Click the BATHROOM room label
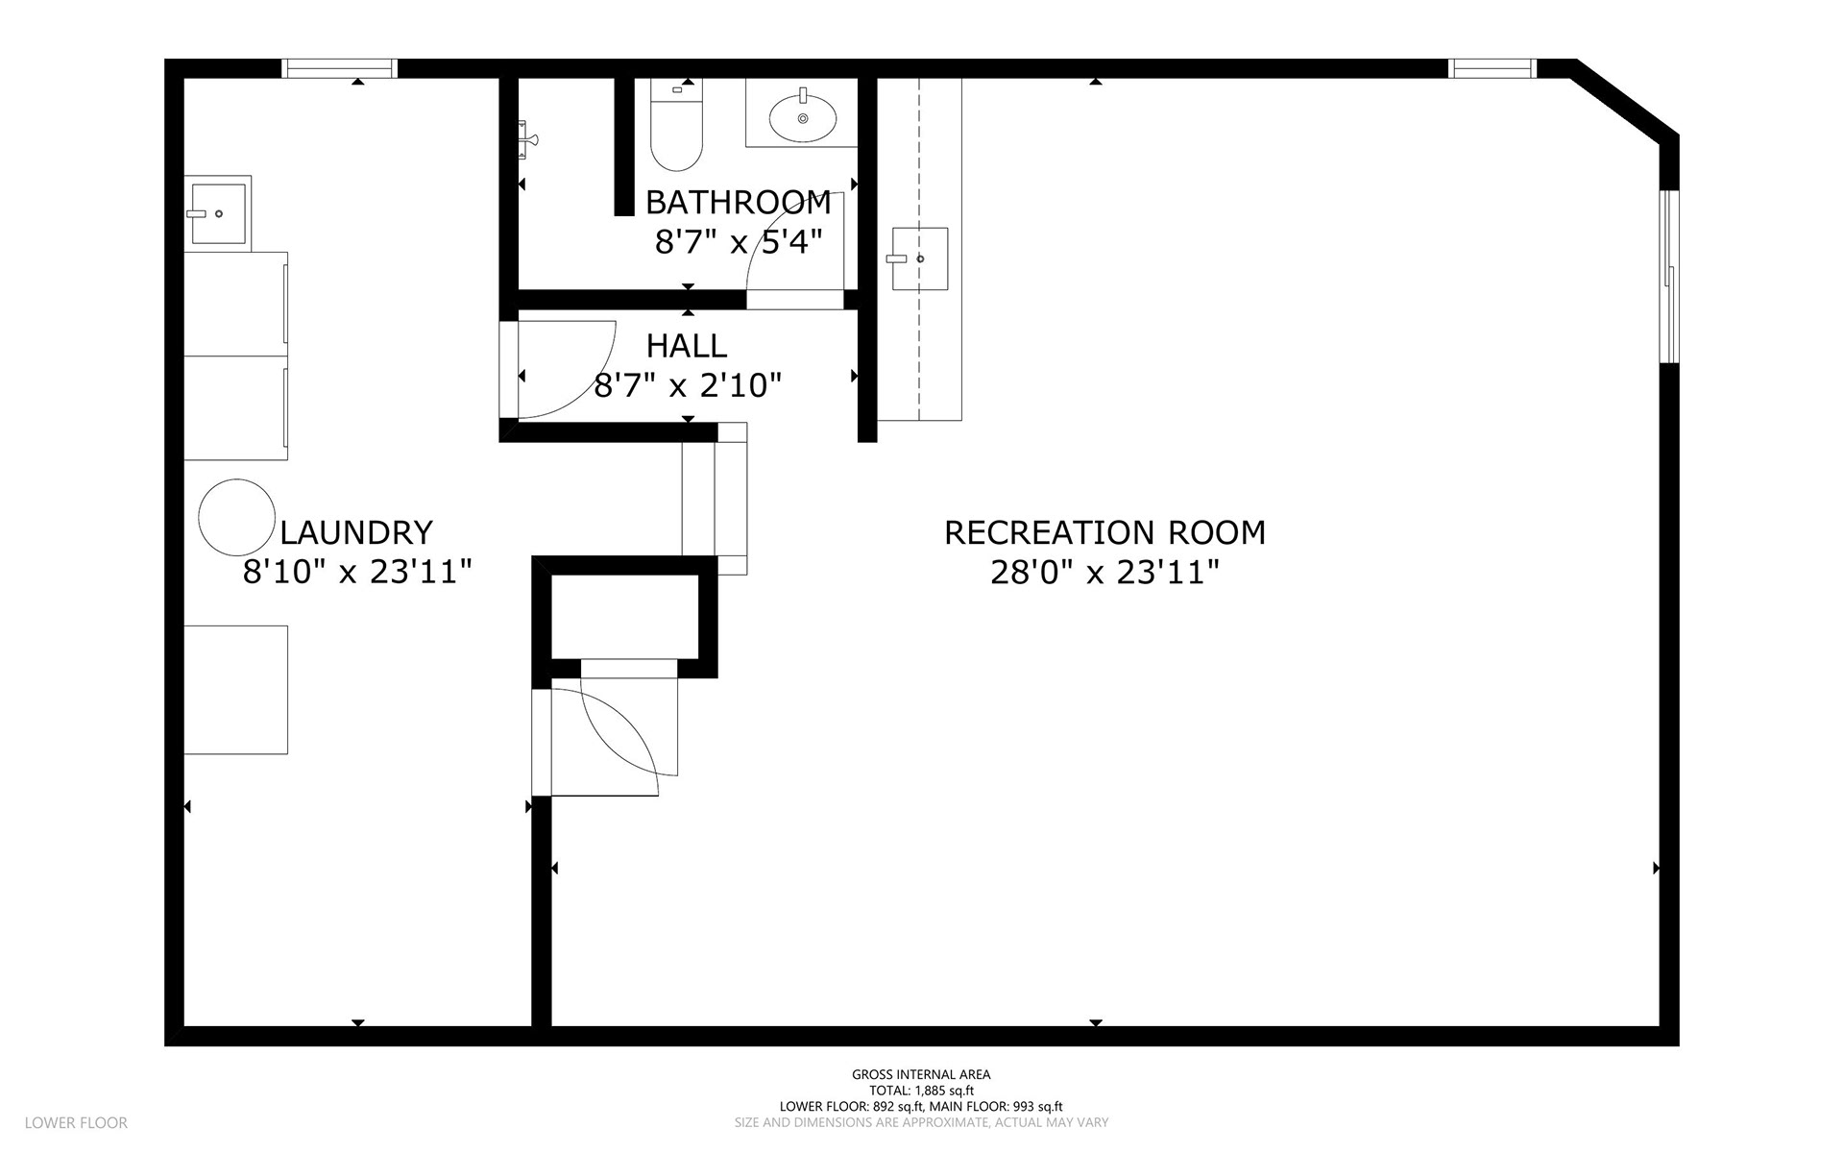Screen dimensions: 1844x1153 738,202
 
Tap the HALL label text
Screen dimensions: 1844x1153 687,346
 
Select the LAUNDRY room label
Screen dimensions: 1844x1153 356,531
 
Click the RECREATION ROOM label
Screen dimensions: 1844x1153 1104,531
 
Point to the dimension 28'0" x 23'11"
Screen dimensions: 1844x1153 1104,573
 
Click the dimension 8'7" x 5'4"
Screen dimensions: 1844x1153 739,242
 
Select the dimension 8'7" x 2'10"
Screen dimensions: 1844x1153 688,386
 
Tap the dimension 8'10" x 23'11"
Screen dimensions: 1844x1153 357,573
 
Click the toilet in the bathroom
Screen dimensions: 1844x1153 676,124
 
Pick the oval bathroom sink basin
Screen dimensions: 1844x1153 802,117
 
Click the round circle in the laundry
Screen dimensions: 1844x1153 236,517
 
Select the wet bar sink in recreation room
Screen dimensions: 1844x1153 920,258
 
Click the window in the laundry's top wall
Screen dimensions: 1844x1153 339,68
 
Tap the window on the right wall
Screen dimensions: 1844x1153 1670,276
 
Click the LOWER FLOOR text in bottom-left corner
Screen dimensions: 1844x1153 76,1122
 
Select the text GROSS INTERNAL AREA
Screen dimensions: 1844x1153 921,1075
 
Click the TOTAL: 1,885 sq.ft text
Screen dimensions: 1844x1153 921,1091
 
